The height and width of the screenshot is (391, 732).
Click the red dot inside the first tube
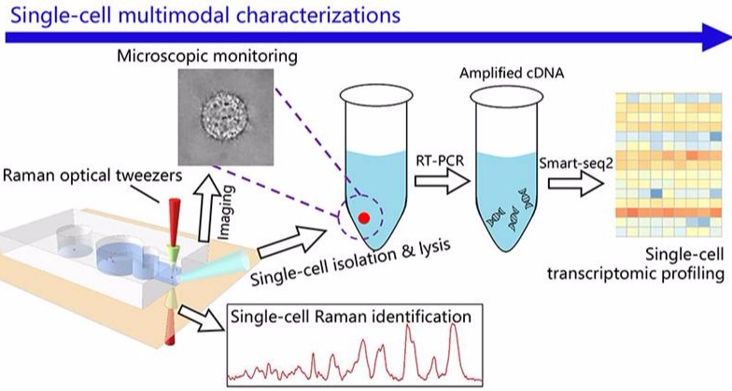(365, 216)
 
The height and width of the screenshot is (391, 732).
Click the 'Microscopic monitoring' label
(206, 56)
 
